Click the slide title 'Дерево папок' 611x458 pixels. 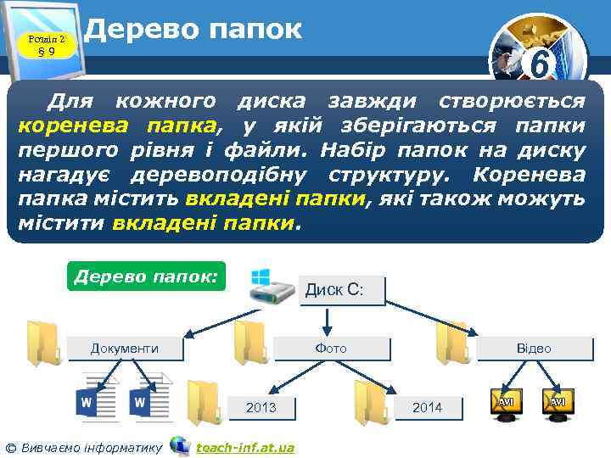pos(193,30)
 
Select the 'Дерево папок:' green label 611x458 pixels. pos(146,276)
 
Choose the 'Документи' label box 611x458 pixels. pos(125,348)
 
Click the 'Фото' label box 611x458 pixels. pos(331,348)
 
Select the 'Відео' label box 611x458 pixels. pos(534,348)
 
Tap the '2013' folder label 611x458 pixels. pos(261,407)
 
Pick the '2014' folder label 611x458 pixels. pos(427,407)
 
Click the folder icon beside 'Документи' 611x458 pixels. pos(42,343)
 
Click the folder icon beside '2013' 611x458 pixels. pos(204,401)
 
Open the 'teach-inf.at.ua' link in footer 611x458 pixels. pos(245,447)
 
